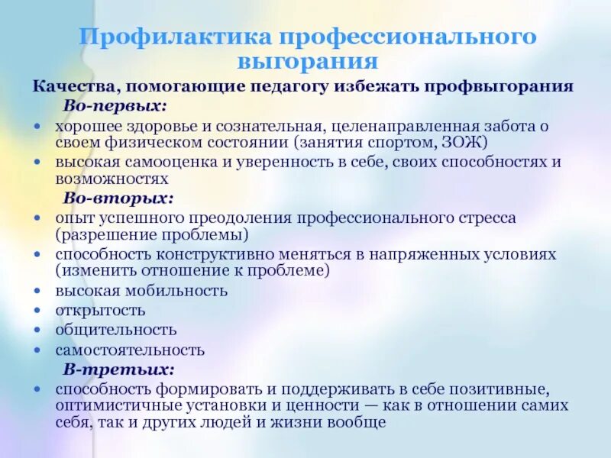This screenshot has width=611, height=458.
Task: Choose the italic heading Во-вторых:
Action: coord(118,198)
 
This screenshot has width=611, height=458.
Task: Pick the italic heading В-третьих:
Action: coord(118,369)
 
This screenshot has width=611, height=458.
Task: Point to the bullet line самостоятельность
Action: coord(130,350)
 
